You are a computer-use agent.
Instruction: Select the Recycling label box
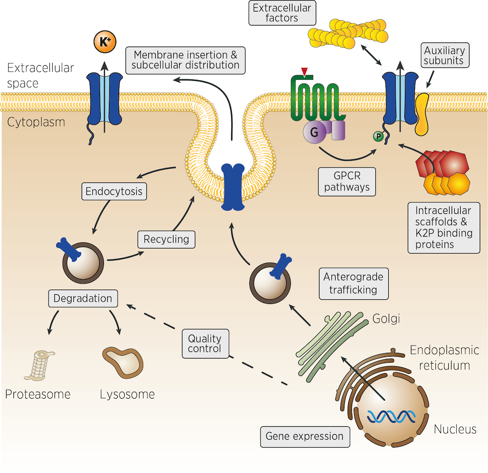pyautogui.click(x=166, y=239)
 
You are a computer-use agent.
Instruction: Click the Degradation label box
pyautogui.click(x=83, y=298)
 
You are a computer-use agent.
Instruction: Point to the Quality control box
pyautogui.click(x=205, y=342)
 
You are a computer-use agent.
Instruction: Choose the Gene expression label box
pyautogui.click(x=305, y=436)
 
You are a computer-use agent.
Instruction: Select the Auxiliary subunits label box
pyautogui.click(x=444, y=55)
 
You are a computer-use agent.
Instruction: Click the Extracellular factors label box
pyautogui.click(x=282, y=13)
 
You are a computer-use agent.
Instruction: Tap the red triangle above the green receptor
pyautogui.click(x=304, y=71)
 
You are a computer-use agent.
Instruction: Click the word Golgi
pyautogui.click(x=386, y=319)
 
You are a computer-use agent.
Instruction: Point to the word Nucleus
pyautogui.click(x=455, y=430)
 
